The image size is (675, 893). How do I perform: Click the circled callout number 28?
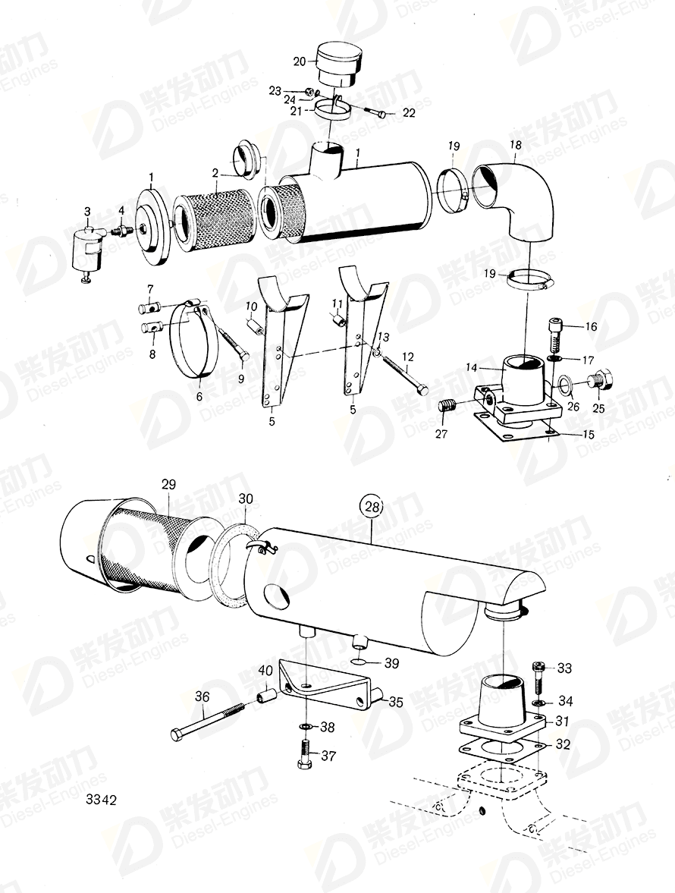372,506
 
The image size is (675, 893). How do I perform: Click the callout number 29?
168,483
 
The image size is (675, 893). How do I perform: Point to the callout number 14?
470,367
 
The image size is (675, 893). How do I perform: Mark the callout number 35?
395,703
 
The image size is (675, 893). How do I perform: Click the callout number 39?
391,663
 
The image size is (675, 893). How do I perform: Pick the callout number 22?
409,113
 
